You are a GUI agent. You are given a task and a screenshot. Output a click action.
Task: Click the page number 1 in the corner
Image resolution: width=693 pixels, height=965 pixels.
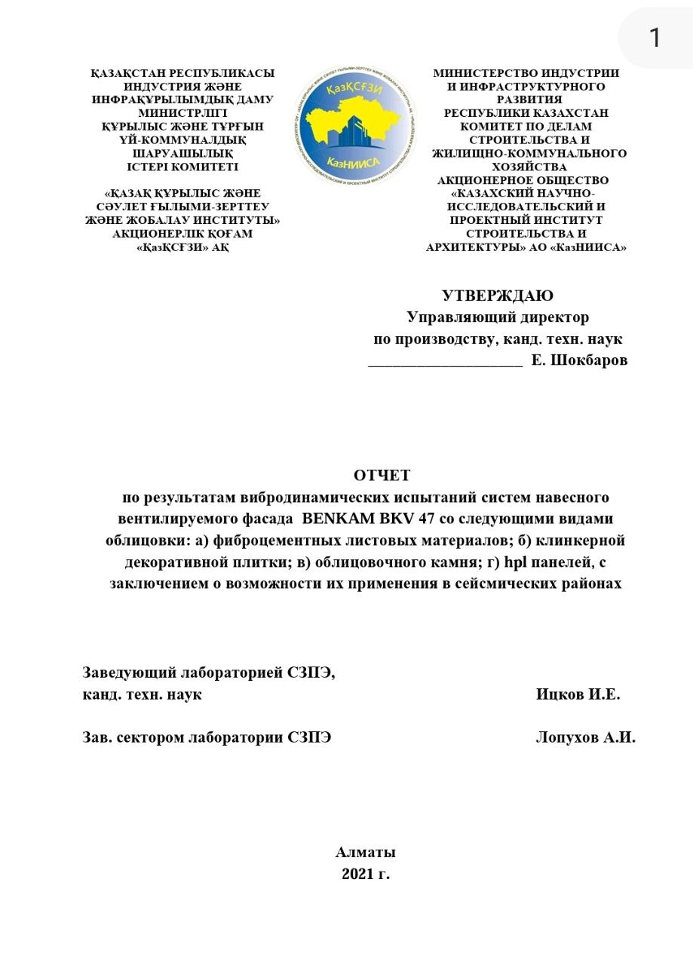point(655,37)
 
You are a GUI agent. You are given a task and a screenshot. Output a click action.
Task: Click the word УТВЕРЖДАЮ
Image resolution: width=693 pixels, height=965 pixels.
point(497,296)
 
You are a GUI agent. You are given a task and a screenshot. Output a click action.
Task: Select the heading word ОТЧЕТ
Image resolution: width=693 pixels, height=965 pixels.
point(382,476)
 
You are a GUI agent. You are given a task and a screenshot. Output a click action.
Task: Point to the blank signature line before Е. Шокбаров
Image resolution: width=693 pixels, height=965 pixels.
point(445,362)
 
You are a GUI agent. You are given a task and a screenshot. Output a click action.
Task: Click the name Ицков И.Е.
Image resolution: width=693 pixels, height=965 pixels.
point(578,694)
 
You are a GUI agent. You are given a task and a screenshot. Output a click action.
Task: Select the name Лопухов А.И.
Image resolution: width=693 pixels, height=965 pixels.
point(585,738)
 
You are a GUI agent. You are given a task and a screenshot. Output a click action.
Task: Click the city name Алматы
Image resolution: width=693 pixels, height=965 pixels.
point(366,853)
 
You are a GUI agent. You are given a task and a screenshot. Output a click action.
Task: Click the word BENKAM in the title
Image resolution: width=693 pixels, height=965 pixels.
point(339,519)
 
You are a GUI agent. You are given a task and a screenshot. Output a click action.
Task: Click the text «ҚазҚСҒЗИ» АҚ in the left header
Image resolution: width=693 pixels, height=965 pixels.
point(182,247)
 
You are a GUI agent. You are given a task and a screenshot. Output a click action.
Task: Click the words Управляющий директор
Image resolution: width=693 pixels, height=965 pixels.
point(498,317)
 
